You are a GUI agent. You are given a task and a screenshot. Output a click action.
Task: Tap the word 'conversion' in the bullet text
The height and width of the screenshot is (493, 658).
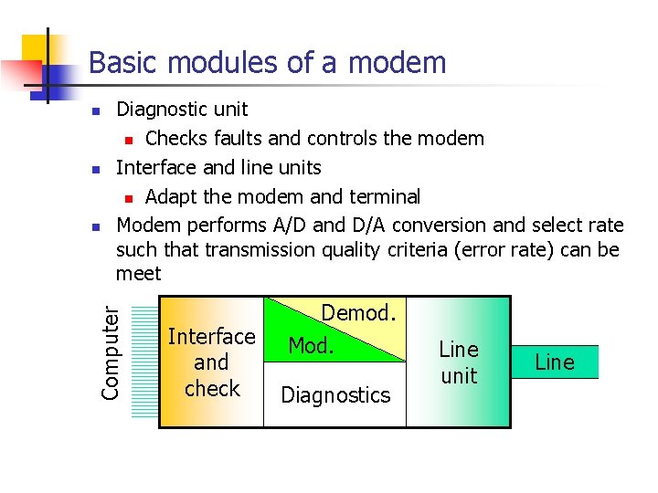point(440,226)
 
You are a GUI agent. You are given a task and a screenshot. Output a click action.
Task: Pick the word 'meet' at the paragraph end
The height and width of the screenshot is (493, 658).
point(138,274)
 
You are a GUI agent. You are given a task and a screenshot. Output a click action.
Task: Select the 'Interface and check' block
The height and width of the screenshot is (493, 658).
point(211,362)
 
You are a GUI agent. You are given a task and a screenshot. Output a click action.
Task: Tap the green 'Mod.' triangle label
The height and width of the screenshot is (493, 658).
point(312,346)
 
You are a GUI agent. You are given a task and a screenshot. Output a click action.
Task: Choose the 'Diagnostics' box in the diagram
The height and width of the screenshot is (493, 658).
point(335,395)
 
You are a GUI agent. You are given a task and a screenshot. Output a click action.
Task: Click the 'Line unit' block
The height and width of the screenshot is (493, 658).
point(459,362)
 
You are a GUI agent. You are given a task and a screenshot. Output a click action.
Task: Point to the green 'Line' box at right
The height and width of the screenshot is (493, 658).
point(555,362)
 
